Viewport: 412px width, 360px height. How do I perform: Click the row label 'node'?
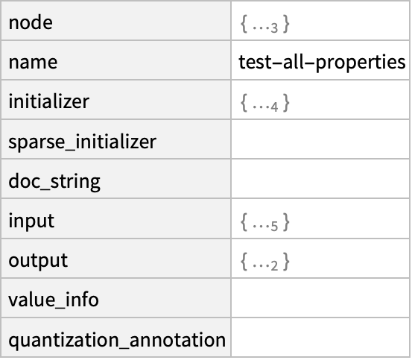point(31,22)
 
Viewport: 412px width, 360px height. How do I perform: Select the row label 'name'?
point(33,63)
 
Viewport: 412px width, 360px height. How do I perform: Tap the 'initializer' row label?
point(49,101)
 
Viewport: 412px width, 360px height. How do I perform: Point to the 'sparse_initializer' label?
point(82,142)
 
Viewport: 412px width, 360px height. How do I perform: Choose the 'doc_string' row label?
point(54,182)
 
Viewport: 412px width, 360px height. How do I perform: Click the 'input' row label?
point(31,221)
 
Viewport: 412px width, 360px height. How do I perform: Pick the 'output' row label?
point(38,260)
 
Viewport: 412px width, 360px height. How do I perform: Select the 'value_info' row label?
point(54,300)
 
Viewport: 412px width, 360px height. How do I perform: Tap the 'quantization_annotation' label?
point(117,340)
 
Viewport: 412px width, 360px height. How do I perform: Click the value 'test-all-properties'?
point(322,63)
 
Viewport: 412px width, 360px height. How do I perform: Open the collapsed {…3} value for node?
point(265,24)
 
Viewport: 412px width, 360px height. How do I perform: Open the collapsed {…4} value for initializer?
point(265,104)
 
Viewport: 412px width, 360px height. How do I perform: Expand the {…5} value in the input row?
point(265,223)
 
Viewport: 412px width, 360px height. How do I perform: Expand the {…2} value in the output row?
point(265,262)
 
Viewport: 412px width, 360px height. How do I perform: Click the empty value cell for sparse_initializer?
point(320,139)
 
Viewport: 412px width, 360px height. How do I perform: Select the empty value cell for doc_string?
point(320,179)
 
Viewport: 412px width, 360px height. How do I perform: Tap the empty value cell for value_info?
point(320,298)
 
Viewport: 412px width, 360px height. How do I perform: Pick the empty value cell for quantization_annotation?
point(320,338)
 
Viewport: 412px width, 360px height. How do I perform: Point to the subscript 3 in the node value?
point(274,28)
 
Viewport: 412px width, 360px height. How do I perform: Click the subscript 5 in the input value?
point(274,227)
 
